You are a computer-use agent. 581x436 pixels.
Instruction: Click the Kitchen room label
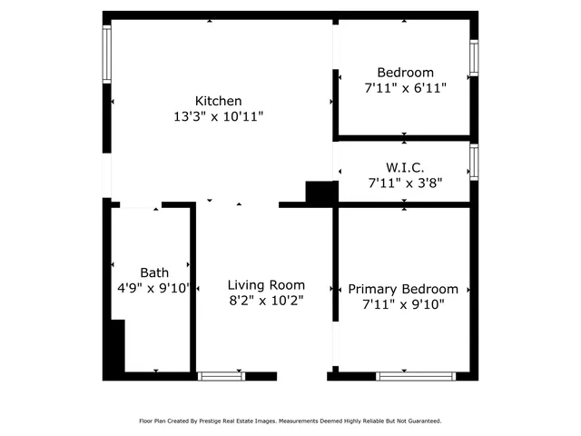tap(219, 101)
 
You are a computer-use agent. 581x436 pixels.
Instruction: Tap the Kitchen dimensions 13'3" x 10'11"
tap(219, 116)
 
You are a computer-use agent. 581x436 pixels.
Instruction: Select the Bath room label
tap(153, 272)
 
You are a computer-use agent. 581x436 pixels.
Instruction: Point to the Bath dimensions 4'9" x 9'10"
tap(153, 288)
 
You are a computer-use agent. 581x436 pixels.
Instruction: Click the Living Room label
tap(266, 284)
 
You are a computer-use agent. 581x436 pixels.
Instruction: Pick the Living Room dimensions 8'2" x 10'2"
tap(266, 300)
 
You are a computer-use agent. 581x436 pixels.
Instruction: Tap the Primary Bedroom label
tap(403, 289)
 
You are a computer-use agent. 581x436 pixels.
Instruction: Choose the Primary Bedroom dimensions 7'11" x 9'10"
tap(403, 304)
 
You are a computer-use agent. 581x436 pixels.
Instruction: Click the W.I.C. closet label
tap(405, 168)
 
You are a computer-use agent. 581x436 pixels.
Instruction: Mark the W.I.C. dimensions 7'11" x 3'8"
tap(405, 183)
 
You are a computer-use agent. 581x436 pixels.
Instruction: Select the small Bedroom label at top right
tap(405, 73)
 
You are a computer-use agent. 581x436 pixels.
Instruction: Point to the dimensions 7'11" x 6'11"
tap(405, 88)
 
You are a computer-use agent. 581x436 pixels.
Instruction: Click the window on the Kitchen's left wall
tap(107, 54)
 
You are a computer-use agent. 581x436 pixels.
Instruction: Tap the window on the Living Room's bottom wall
tap(222, 375)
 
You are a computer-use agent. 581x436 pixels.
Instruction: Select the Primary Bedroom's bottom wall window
tap(417, 375)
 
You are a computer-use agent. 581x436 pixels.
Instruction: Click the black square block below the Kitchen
tap(320, 193)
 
